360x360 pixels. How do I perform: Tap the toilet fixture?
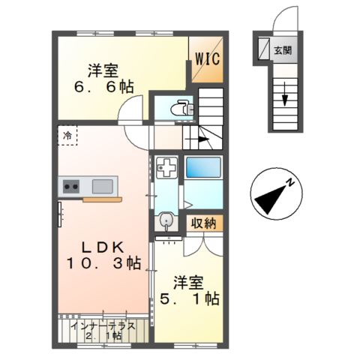[x=179, y=109]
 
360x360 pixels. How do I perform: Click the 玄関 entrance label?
[x=283, y=51]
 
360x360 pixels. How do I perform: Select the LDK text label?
[x=104, y=245]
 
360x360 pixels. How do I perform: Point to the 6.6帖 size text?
[x=106, y=88]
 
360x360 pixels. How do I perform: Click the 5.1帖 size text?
[x=189, y=298]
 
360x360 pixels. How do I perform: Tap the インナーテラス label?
[x=102, y=326]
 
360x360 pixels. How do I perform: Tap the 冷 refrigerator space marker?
[x=67, y=136]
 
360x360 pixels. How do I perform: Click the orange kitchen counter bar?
[x=103, y=200]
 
